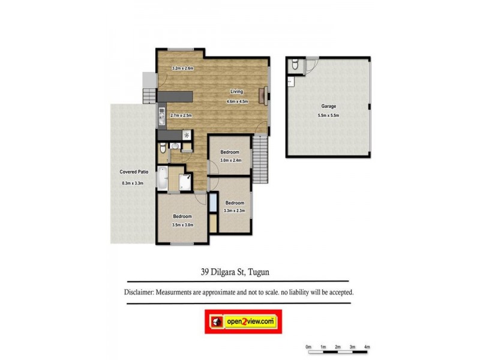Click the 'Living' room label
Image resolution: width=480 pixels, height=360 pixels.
(x=236, y=91)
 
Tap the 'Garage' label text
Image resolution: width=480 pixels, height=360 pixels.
(x=328, y=106)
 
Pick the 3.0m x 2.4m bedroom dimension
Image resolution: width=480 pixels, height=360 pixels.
(x=230, y=161)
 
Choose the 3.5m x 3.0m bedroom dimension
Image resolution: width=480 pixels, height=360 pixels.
(x=182, y=225)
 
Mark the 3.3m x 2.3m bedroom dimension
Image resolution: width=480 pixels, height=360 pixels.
(x=235, y=211)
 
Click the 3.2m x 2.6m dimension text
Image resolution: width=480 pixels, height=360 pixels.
(x=182, y=68)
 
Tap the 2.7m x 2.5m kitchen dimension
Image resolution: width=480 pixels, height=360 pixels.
(x=181, y=115)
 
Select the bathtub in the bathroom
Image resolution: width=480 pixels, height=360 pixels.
(x=161, y=177)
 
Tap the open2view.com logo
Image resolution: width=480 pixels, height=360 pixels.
(x=243, y=322)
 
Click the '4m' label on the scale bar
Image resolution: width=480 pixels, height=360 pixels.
(x=367, y=347)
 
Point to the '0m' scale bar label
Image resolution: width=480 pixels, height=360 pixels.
(x=308, y=347)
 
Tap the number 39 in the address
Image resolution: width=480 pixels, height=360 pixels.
(x=206, y=272)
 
